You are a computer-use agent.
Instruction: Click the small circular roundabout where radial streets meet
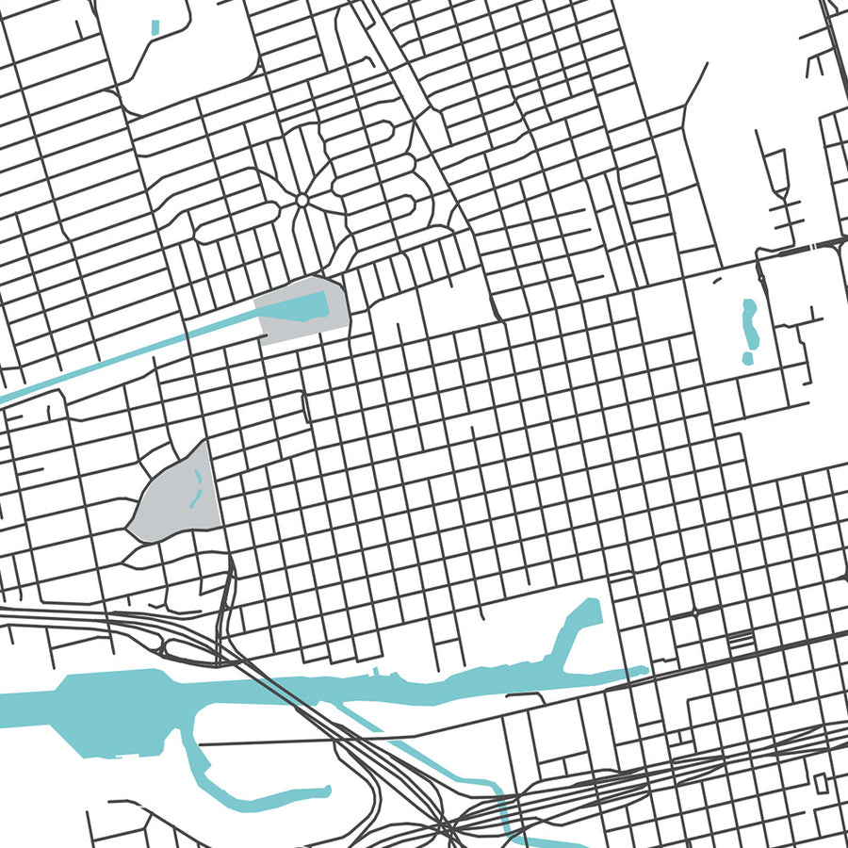click(x=302, y=200)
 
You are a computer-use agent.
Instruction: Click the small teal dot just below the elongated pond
click(x=747, y=358)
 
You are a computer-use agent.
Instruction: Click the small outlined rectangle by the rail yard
click(x=820, y=782)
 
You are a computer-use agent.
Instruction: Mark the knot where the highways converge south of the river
click(x=447, y=829)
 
